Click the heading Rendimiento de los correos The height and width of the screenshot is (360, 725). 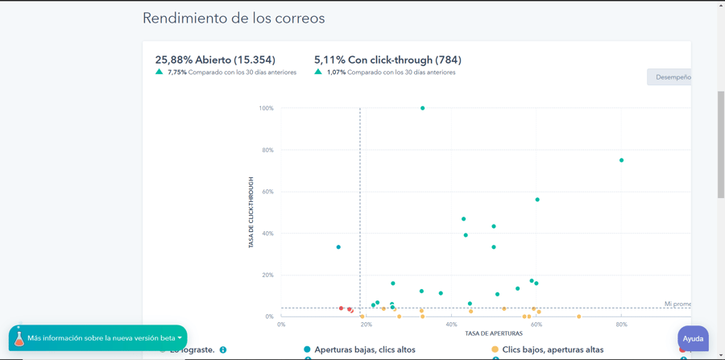point(234,19)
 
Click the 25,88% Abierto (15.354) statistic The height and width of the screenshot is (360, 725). point(215,60)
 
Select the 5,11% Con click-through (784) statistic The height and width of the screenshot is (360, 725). point(387,60)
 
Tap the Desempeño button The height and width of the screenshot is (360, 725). point(670,77)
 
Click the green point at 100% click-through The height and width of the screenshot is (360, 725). point(423,108)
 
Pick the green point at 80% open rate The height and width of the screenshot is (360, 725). point(622,160)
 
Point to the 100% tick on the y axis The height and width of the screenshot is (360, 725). point(266,108)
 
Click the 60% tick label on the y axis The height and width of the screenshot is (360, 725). point(266,192)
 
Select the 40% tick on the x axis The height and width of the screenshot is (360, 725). point(451,325)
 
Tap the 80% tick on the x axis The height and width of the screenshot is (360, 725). point(621,325)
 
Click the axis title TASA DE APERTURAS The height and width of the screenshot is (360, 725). point(494,333)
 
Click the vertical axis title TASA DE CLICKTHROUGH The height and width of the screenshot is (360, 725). point(251,212)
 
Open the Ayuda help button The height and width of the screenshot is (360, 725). point(693,338)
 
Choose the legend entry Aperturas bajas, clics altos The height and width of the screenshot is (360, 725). point(365,350)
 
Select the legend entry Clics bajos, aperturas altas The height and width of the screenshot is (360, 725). point(553,350)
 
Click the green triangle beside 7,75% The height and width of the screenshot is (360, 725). point(159,72)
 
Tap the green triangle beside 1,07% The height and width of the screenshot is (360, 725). point(318,72)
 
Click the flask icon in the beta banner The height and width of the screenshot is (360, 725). point(19,338)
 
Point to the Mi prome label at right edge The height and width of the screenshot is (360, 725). point(677,304)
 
